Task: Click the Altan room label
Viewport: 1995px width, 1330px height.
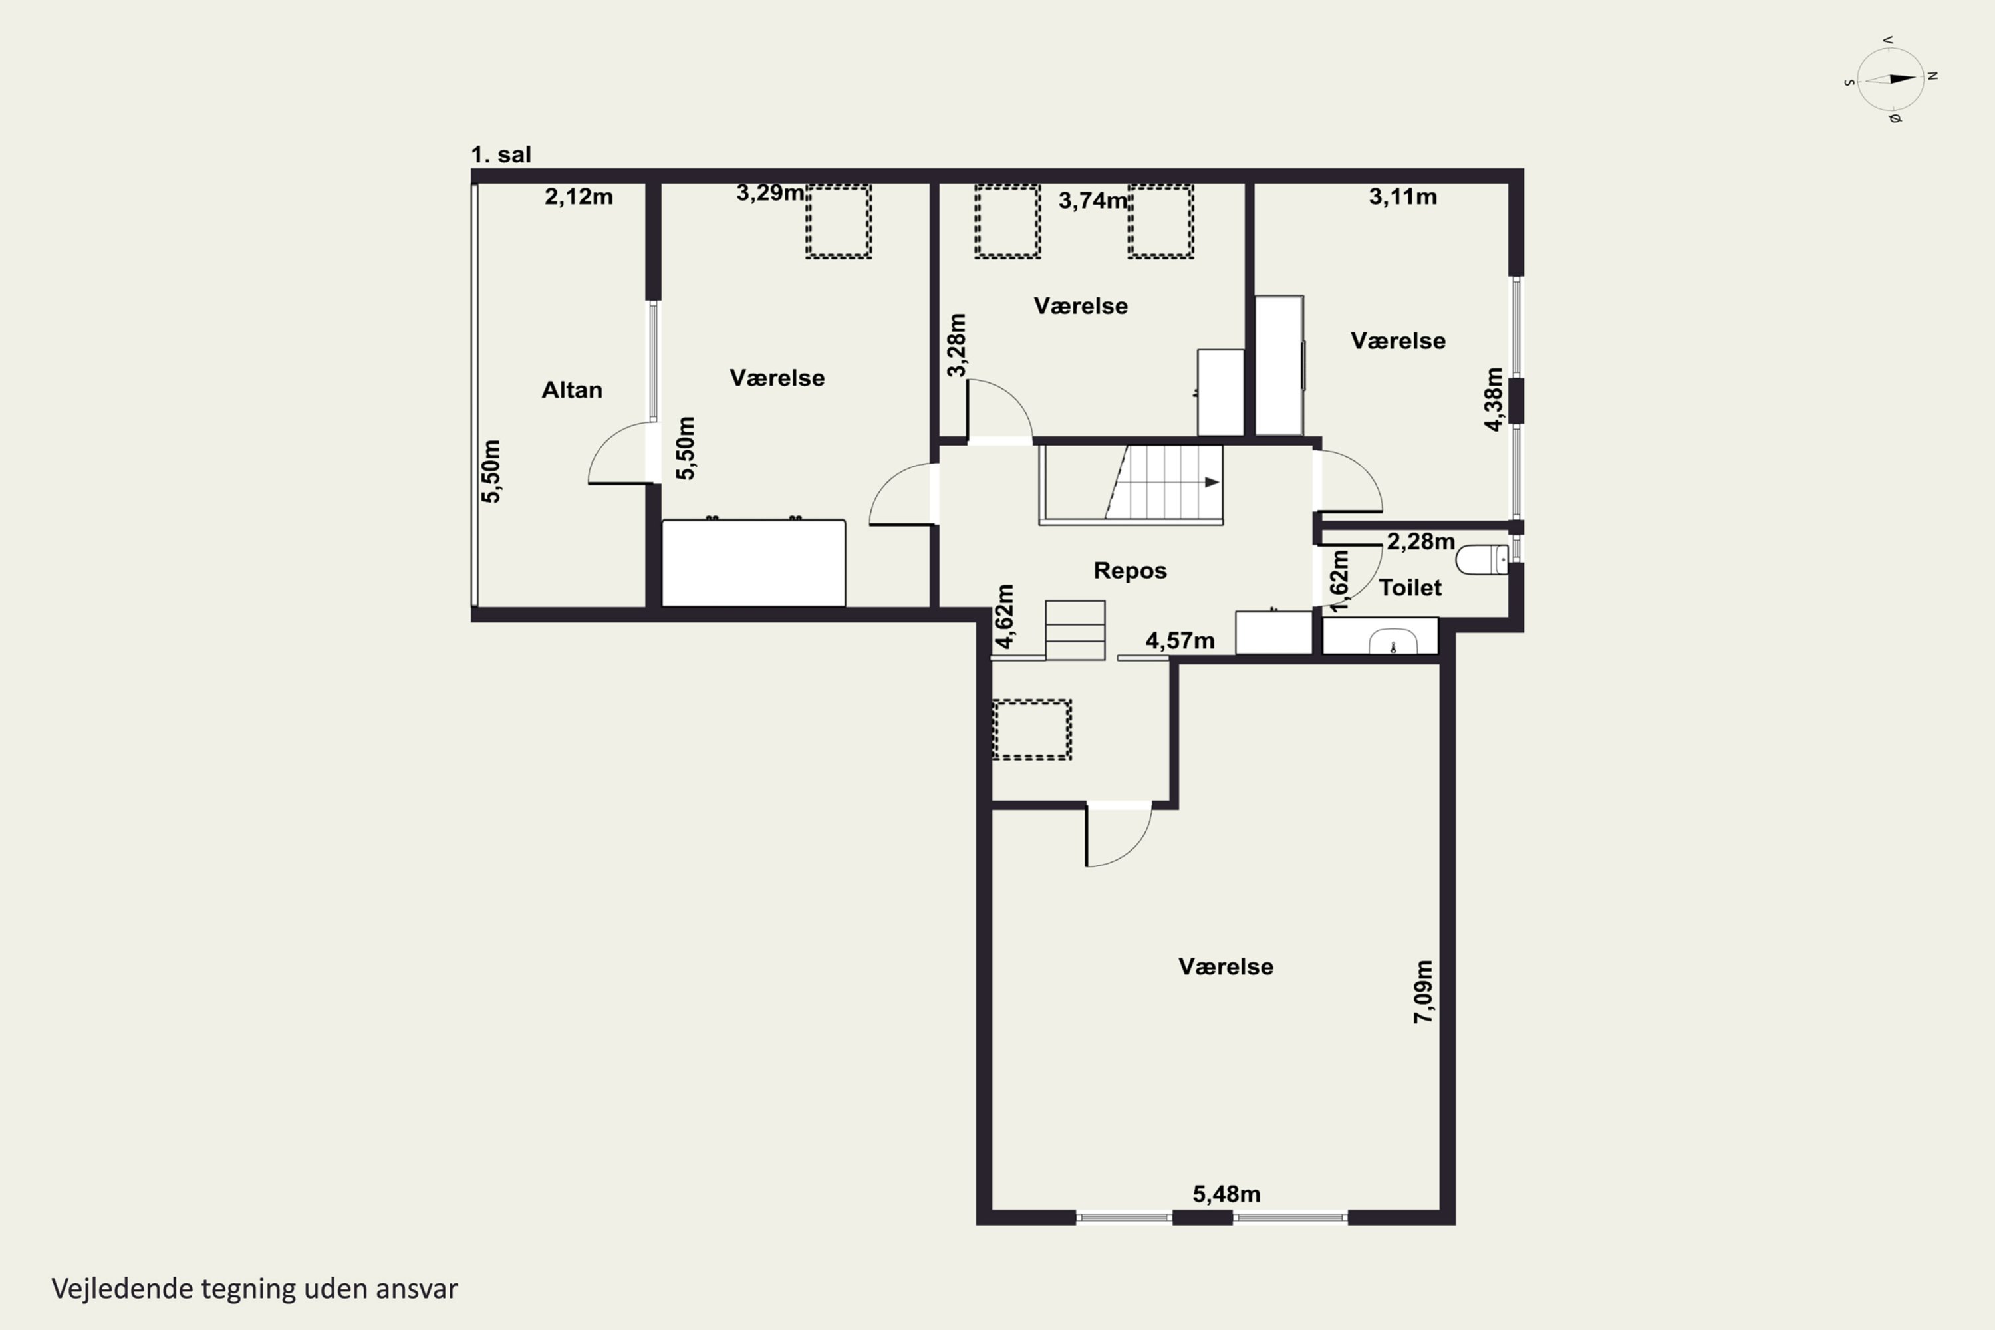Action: [572, 390]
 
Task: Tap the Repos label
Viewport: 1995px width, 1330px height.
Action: [1130, 571]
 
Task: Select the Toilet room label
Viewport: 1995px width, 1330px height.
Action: [1410, 587]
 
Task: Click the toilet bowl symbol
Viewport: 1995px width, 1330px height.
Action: [1482, 560]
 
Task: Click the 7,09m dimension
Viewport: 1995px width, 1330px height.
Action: [1423, 992]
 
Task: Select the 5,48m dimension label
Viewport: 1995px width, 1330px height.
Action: [1226, 1194]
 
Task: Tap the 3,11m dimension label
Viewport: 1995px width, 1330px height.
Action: [1403, 197]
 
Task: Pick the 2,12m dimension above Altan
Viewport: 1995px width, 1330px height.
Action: [579, 197]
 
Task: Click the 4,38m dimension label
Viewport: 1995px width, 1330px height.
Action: [1494, 400]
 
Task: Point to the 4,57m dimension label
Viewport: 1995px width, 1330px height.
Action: [1180, 640]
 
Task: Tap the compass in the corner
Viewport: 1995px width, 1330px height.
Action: [1891, 80]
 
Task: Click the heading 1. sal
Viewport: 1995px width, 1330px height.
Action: [501, 154]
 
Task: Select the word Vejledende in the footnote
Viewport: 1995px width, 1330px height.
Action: [122, 1289]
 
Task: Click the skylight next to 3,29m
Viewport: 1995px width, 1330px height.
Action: [838, 221]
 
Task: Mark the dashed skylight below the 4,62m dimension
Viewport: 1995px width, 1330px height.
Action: [1031, 730]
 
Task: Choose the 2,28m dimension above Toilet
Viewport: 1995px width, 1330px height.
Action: [1420, 541]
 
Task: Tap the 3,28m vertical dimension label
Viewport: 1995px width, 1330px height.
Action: [956, 345]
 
